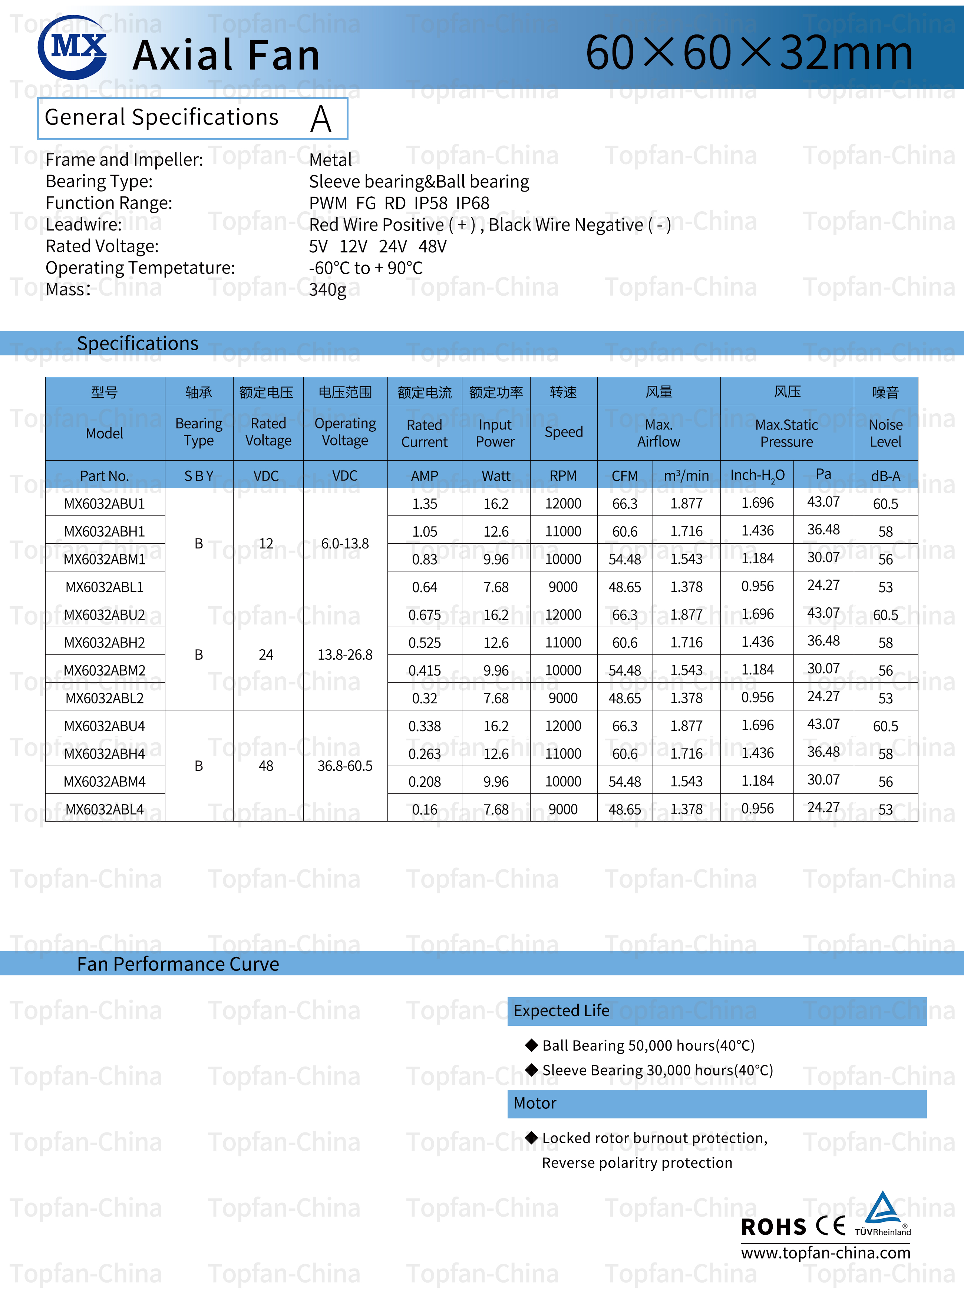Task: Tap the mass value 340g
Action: coord(327,289)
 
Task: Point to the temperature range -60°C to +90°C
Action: coord(365,268)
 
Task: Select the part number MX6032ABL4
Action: coord(105,809)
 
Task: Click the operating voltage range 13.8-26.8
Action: coord(344,654)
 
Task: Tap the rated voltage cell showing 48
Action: coord(266,766)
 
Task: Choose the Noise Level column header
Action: coord(885,433)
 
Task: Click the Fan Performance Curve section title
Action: coord(178,964)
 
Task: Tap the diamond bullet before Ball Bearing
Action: coord(531,1045)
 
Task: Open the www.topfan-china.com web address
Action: coord(825,1253)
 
